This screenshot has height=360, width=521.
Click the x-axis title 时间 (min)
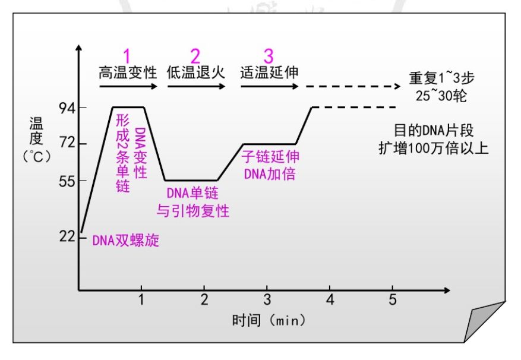point(269,320)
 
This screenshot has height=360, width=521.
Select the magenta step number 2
point(195,56)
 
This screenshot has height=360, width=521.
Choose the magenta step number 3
point(269,56)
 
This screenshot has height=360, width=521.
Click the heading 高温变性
point(128,73)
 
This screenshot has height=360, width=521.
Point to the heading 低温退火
point(196,73)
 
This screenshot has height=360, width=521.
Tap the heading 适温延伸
point(269,73)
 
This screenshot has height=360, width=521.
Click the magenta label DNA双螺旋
point(125,241)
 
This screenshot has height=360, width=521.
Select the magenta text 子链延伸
point(270,157)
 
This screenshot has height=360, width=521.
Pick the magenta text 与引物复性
point(192,210)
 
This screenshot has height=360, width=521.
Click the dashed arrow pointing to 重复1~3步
point(353,87)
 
